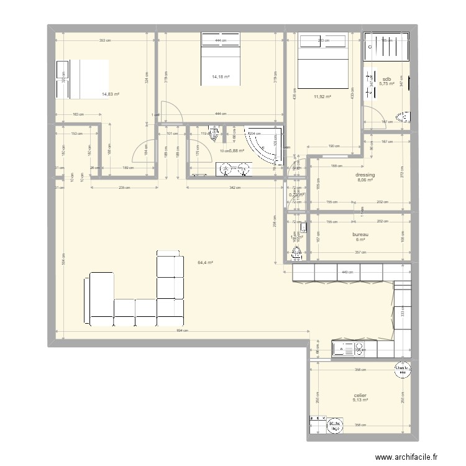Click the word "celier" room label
coord(360,395)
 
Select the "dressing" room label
coord(365,175)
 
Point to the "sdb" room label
coord(387,79)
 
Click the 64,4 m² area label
coord(205,263)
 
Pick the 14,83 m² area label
coord(111,94)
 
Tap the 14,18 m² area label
coord(221,77)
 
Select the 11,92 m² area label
coord(322,96)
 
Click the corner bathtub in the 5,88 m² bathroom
coord(264,146)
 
